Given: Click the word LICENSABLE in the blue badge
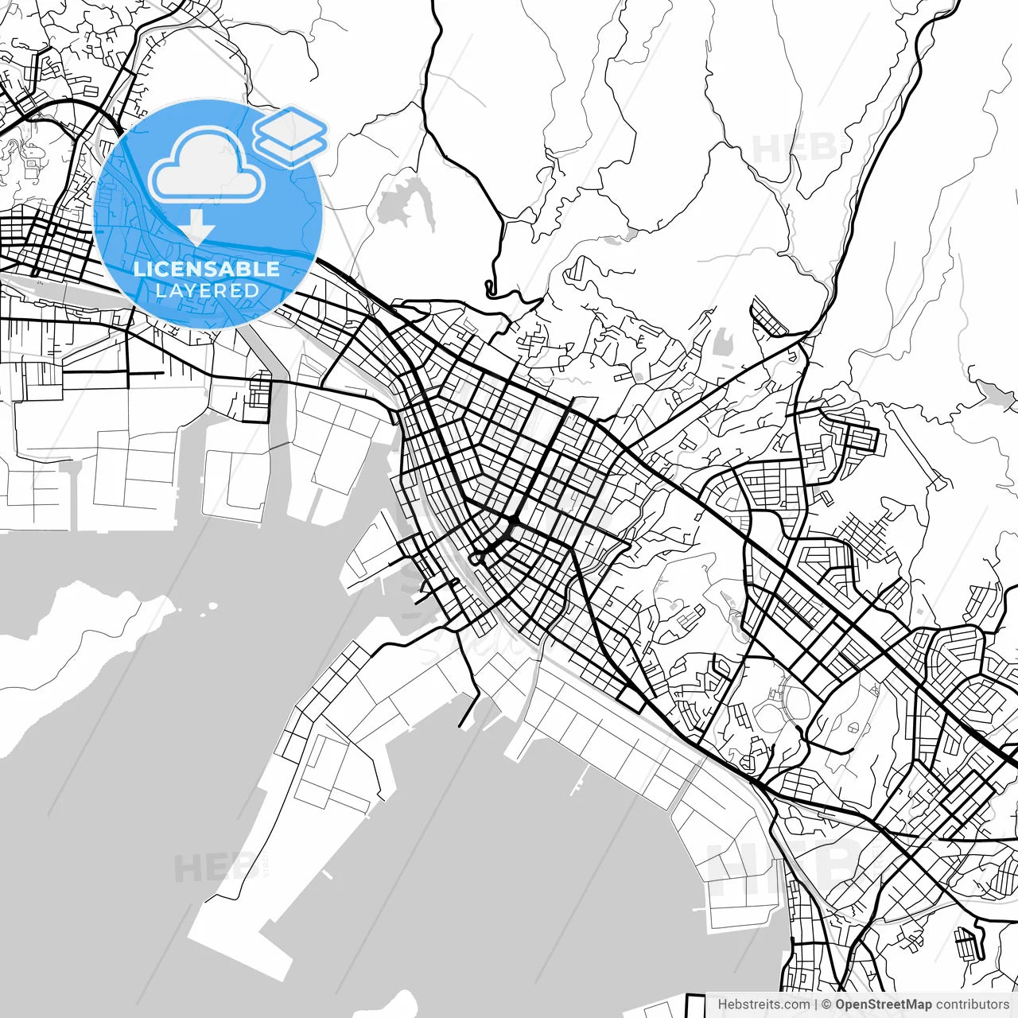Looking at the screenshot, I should coord(207,269).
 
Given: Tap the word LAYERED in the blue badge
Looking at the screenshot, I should coord(207,290).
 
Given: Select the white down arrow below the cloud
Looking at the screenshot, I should coord(196,228).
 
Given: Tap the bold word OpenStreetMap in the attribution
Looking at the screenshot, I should coord(883,1004).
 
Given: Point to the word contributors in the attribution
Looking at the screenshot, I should coord(972,1004).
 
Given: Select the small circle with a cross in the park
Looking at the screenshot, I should coord(852,728).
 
